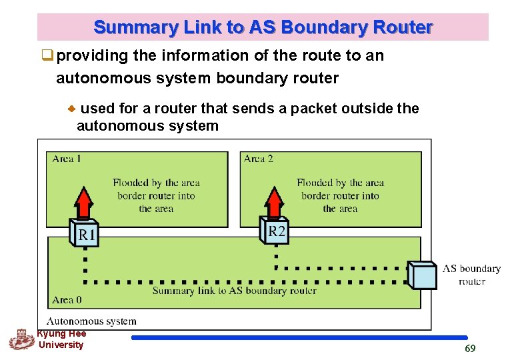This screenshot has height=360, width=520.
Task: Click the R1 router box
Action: tap(84, 233)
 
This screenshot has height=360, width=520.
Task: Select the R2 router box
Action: tap(274, 230)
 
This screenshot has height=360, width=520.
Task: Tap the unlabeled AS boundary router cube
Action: tap(422, 275)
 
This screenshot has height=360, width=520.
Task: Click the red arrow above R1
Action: tap(83, 203)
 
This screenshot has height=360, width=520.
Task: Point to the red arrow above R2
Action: tap(274, 202)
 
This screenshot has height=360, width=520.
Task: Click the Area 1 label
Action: tap(66, 159)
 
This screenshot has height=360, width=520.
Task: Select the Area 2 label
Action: tap(259, 159)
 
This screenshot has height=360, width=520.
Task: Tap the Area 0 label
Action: tap(67, 300)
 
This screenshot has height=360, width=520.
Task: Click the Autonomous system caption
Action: tap(91, 321)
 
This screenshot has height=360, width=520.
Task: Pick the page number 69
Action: tap(470, 348)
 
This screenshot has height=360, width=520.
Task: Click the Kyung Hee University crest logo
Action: tap(22, 339)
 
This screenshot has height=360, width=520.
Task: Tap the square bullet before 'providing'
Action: tap(47, 55)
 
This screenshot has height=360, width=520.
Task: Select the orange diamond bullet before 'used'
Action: tap(71, 109)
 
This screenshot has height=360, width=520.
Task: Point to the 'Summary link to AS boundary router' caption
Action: tap(234, 291)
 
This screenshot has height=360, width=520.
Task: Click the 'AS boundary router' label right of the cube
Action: tap(471, 275)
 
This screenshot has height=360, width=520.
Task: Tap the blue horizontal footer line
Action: tap(299, 338)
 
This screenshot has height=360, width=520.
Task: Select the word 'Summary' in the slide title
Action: tap(136, 27)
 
